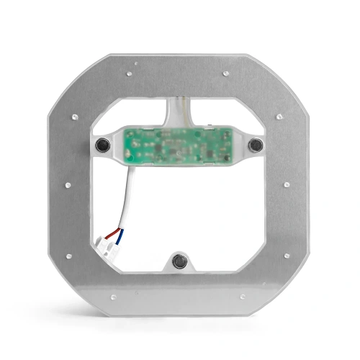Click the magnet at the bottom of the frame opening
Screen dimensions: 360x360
[179, 260]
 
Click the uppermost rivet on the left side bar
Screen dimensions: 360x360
[73, 116]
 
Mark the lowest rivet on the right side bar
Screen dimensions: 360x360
[286, 256]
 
